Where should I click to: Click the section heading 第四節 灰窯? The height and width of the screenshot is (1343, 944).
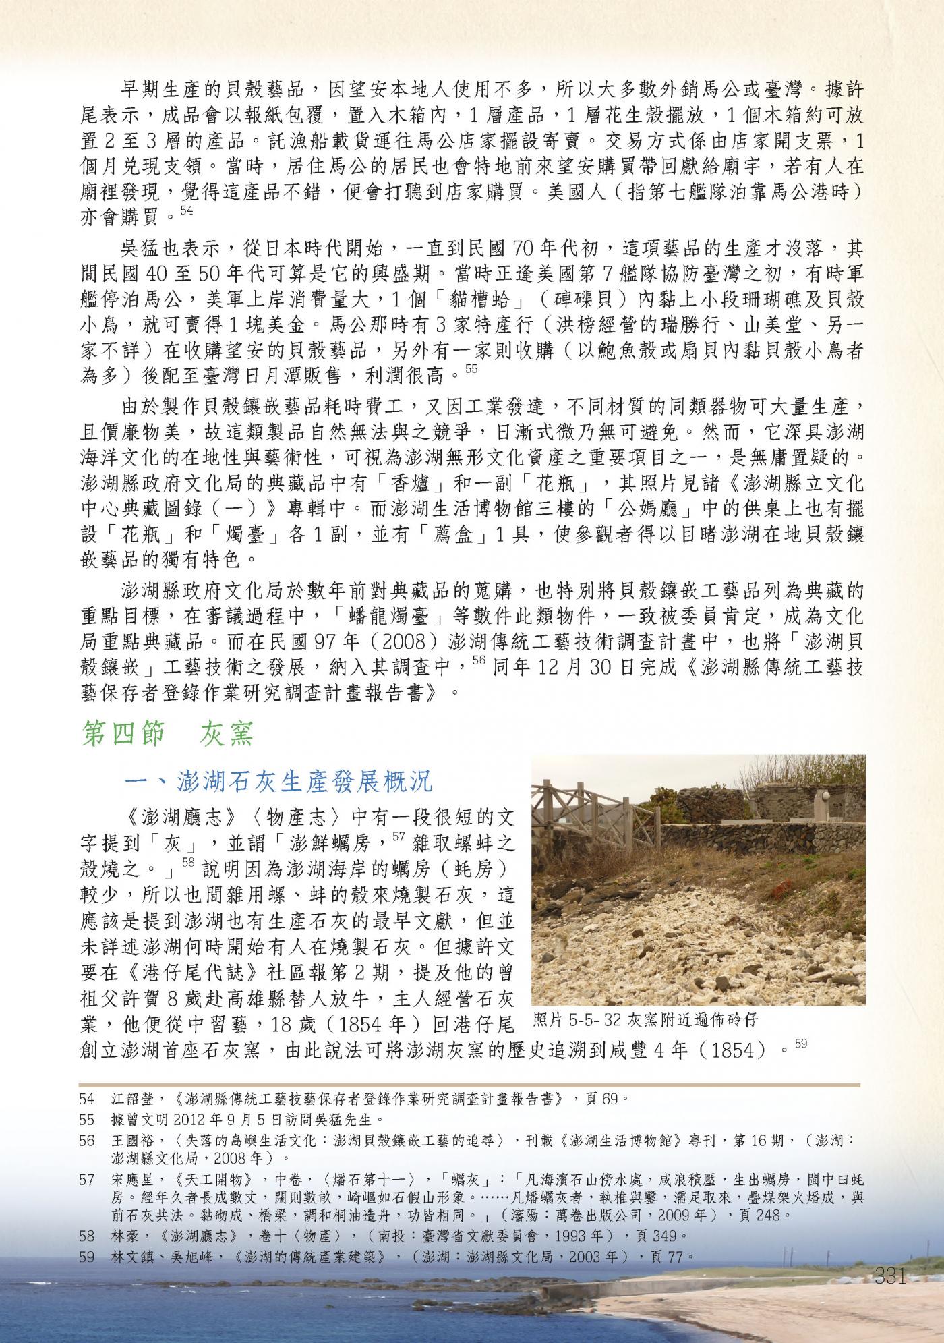(167, 735)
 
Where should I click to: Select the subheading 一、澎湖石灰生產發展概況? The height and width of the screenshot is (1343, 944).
(278, 782)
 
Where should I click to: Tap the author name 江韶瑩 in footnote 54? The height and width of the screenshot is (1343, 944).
(133, 1099)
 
